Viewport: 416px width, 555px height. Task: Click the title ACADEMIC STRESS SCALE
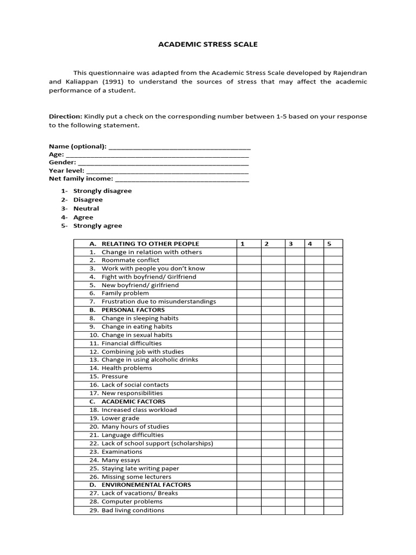pyautogui.click(x=207, y=44)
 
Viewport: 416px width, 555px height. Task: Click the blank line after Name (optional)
pyautogui.click(x=179, y=147)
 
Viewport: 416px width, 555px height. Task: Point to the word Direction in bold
pyautogui.click(x=65, y=117)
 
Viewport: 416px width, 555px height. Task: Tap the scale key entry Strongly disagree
pyautogui.click(x=102, y=191)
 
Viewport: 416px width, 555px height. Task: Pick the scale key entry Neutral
pyautogui.click(x=86, y=209)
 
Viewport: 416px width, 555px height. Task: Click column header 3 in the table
pyautogui.click(x=290, y=244)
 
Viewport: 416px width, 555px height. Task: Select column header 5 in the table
pyautogui.click(x=329, y=244)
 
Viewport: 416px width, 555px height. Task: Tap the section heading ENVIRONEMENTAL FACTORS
pyautogui.click(x=146, y=485)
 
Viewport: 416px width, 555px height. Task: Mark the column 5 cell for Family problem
pyautogui.click(x=333, y=293)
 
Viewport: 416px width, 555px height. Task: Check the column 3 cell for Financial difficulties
pyautogui.click(x=295, y=343)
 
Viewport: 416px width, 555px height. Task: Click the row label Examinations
pyautogui.click(x=122, y=451)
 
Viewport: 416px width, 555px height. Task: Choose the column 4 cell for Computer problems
pyautogui.click(x=314, y=502)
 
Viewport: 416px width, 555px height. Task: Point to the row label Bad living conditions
pyautogui.click(x=133, y=510)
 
